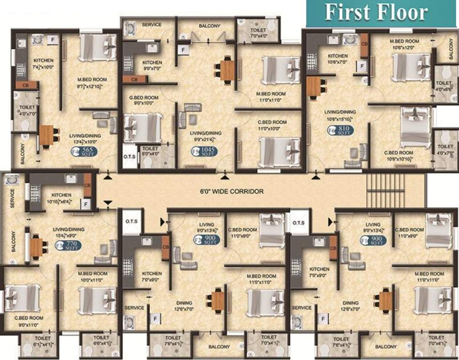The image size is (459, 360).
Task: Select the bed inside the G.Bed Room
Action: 143,128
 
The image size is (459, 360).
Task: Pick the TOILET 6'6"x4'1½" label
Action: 101,340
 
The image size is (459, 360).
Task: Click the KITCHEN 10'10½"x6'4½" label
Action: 61,198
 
